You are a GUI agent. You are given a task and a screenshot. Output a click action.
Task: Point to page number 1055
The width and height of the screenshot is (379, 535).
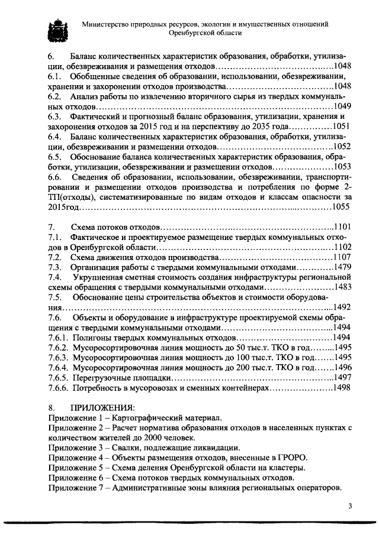(342, 207)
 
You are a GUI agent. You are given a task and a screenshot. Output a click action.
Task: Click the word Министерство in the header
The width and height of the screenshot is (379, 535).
(107, 24)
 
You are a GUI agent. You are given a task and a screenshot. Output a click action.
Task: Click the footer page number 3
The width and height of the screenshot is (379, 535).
(350, 505)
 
